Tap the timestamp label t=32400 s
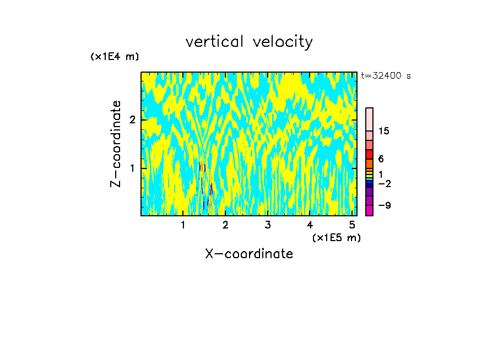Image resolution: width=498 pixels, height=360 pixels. pos(386,76)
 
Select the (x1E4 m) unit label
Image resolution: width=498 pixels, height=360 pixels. pos(115,57)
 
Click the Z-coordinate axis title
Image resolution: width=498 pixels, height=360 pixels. pos(116,144)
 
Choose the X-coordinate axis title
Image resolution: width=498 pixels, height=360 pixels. pos(249,254)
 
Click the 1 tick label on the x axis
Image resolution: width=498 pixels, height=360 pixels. pos(183,225)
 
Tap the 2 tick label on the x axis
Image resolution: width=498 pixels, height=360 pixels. pos(225,225)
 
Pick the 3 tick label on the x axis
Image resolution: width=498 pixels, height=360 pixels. pos(268,225)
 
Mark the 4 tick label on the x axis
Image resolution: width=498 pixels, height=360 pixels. pos(310,225)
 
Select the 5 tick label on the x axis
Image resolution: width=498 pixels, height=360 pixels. pos(352,225)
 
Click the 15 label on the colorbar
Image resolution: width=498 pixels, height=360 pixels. pos(384,131)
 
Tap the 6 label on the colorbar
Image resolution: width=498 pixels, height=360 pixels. pos(381,159)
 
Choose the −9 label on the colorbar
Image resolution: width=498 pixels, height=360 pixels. pos(384,205)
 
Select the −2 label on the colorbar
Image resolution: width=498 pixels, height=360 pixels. pos(384,183)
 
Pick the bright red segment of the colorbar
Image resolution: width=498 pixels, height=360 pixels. pos(369,154)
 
